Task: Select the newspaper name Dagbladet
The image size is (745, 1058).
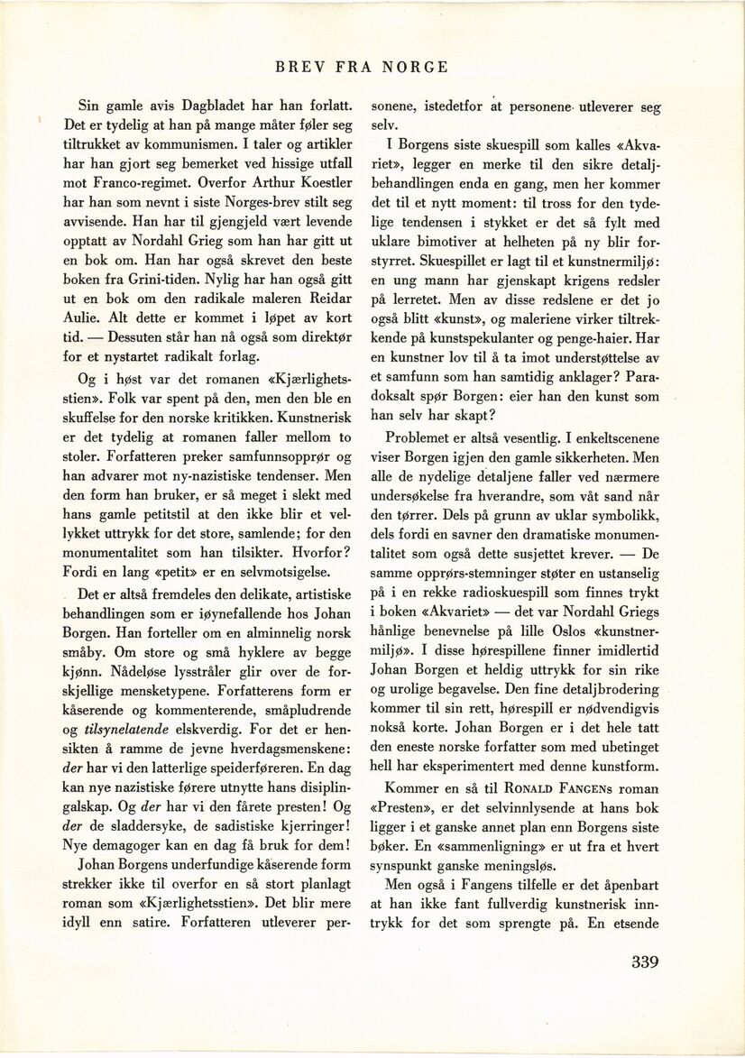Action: (x=200, y=105)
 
